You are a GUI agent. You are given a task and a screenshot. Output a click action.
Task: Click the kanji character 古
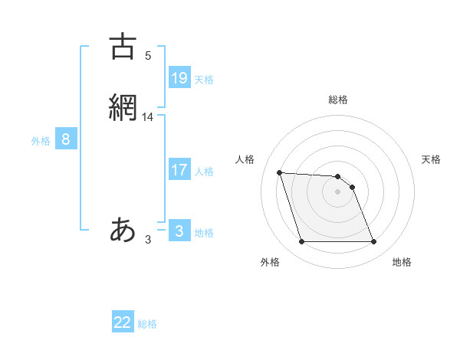point(123,47)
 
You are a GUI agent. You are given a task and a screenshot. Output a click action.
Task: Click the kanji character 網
point(123,107)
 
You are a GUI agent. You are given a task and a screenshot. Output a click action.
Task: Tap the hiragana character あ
point(123,230)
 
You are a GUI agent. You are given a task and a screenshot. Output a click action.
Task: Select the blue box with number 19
point(179,77)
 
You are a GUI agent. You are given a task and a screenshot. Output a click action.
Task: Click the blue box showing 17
point(179,170)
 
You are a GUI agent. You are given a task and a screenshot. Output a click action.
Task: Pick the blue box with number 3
point(179,231)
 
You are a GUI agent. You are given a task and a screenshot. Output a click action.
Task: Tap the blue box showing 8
point(66,139)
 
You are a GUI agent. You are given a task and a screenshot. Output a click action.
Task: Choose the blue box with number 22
point(123,322)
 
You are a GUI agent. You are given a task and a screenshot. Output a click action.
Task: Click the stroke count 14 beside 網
point(148,116)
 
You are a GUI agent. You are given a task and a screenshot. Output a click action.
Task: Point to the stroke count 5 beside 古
point(148,55)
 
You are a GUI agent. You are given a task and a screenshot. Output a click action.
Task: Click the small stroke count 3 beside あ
point(148,240)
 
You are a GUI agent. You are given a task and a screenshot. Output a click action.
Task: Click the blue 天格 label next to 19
point(204,79)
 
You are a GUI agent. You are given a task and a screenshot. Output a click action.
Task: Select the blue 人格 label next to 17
point(204,172)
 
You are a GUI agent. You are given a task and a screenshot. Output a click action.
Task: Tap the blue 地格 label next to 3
point(204,233)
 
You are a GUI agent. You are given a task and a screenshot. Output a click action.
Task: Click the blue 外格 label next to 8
point(41,141)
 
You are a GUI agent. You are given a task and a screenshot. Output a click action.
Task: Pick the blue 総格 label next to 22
point(147,324)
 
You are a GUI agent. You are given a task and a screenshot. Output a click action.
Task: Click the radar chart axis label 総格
point(338,100)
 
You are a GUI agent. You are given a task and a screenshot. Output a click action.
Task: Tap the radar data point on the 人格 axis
point(279,173)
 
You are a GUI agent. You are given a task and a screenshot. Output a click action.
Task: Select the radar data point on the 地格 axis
point(373,242)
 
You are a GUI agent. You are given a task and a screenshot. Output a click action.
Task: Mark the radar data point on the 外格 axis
point(301,242)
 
